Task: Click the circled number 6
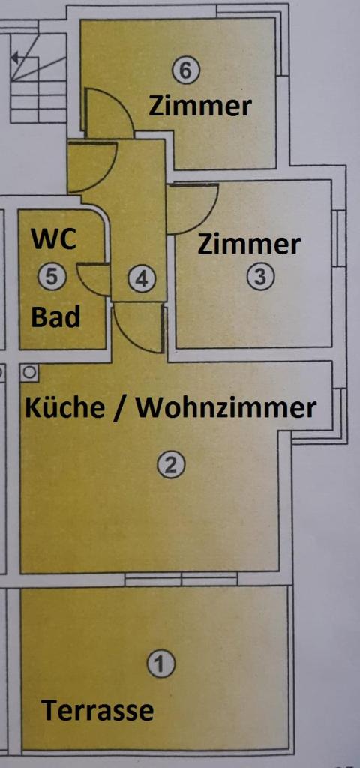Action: [186, 70]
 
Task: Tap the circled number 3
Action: [260, 276]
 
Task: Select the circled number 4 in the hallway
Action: [142, 279]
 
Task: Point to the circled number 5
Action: [52, 276]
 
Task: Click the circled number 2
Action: [171, 464]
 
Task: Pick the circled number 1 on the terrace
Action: [161, 664]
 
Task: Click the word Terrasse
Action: [97, 710]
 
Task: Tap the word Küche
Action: [64, 407]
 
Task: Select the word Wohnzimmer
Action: [226, 407]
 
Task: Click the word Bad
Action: [55, 317]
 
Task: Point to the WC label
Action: [54, 239]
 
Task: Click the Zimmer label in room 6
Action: [199, 106]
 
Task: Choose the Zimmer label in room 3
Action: [249, 244]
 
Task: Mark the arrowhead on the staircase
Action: [15, 58]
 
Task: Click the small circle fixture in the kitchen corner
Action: [29, 372]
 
